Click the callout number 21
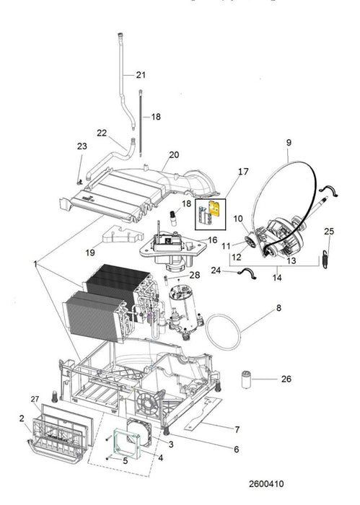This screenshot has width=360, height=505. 140,75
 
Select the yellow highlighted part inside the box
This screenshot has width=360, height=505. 214,211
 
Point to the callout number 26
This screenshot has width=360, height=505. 286,378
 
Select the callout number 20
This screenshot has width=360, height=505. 173,154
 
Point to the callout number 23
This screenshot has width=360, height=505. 82,146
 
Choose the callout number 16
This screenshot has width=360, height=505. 212,240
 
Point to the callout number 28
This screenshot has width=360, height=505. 193,276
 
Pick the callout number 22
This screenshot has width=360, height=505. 102,132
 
